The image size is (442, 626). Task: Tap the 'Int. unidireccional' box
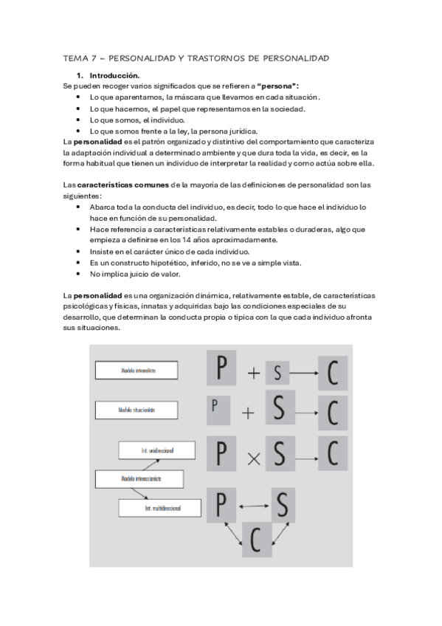158,450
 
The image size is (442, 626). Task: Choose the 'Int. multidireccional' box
162,508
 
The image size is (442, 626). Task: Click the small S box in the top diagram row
277,374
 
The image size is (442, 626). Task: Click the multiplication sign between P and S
253,457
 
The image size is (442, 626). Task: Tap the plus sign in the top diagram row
254,373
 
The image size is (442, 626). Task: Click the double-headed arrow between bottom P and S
254,506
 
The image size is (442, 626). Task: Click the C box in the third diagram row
332,450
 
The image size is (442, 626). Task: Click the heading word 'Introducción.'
114,75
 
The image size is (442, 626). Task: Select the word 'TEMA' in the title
76,58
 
